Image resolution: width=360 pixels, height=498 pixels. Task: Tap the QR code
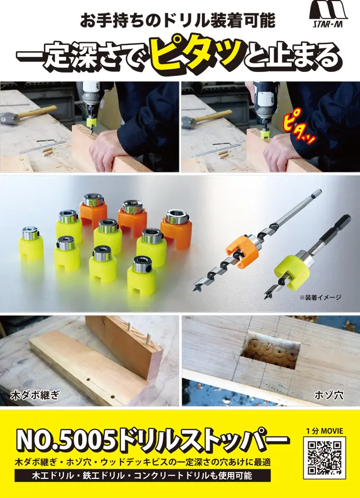tap(325, 458)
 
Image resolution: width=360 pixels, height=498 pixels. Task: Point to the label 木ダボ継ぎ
tap(35, 395)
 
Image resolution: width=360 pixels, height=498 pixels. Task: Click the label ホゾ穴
tap(328, 395)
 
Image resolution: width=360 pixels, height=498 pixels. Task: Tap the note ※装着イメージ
tap(320, 297)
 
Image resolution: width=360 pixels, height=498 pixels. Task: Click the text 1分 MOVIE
tap(325, 431)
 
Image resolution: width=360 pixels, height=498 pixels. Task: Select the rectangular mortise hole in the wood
tap(271, 350)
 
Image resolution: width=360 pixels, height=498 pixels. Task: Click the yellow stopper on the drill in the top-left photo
tap(91, 121)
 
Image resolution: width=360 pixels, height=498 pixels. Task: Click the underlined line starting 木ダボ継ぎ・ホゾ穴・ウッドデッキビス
tap(143, 462)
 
